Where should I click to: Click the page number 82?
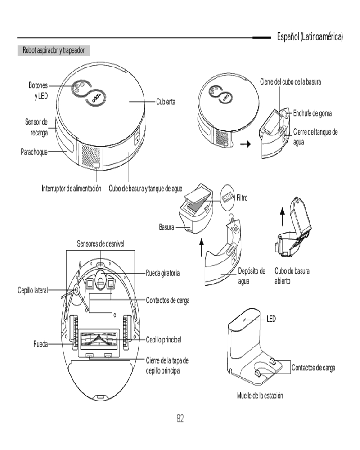(180, 419)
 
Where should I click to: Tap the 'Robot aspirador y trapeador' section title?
(54, 50)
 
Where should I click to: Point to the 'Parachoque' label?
(34, 152)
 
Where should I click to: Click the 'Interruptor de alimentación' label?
(72, 188)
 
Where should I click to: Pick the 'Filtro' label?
(242, 198)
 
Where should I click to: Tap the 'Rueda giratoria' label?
(163, 273)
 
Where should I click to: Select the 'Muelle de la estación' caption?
(260, 396)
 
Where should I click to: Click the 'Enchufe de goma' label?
(313, 113)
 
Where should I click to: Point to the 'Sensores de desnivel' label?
(100, 243)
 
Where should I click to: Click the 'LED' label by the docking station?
(271, 319)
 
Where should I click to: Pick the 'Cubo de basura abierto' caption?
(292, 276)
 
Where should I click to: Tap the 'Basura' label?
(166, 228)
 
